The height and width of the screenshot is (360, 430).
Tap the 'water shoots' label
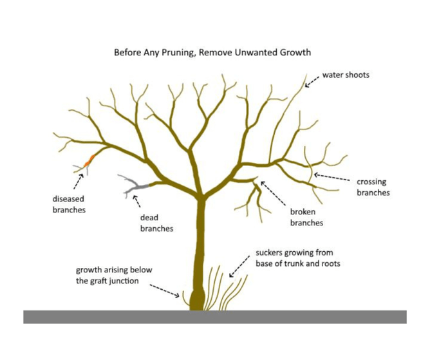point(346,75)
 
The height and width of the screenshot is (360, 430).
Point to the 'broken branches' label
point(306,217)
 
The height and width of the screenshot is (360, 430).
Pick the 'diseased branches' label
point(69,204)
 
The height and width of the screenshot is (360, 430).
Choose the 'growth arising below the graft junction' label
point(114,275)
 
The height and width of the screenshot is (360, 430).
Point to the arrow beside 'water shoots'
point(312,81)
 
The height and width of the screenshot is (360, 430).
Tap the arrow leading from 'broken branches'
point(273,194)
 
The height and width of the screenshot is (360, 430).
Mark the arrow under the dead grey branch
point(136,202)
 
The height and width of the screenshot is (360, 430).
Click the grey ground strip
point(214,317)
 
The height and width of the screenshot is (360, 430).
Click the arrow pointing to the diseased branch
point(79,179)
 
